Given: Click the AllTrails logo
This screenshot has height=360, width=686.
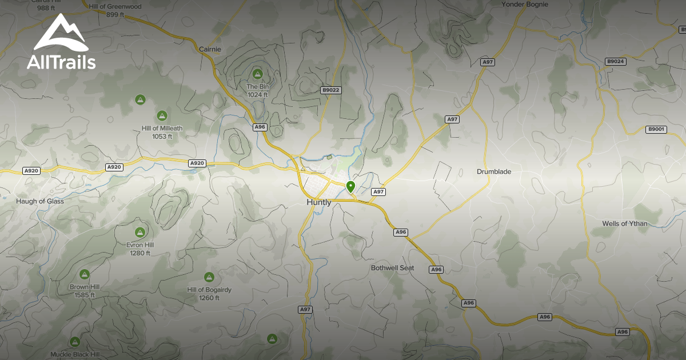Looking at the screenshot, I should [x=61, y=43].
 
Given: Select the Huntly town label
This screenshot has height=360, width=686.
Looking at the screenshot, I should [x=319, y=202].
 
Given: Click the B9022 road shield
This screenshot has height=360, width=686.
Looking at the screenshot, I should [x=330, y=90].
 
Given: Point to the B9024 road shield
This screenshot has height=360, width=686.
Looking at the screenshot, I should [x=616, y=61].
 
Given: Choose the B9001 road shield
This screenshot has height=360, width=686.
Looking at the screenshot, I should [x=656, y=130].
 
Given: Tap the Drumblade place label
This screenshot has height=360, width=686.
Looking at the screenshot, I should [x=494, y=171].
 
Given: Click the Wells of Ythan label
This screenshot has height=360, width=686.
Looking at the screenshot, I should [x=625, y=223].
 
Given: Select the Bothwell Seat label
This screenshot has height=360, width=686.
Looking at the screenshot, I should [x=392, y=267].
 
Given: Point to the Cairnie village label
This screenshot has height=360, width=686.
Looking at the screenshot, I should [x=209, y=49].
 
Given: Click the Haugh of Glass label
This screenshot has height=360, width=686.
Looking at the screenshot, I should [x=40, y=201].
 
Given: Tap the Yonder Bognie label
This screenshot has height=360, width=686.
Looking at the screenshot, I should [x=524, y=5].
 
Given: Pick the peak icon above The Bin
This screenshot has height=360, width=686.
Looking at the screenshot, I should [x=257, y=74].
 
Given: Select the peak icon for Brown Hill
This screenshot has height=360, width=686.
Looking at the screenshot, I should [x=85, y=274].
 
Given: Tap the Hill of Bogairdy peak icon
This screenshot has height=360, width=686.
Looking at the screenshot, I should [x=209, y=277].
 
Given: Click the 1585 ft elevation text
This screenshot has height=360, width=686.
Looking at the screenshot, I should [x=85, y=295].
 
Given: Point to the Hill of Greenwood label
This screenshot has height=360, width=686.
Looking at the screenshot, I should [x=115, y=6].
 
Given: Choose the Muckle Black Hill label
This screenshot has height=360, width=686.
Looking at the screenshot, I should [x=74, y=354].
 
